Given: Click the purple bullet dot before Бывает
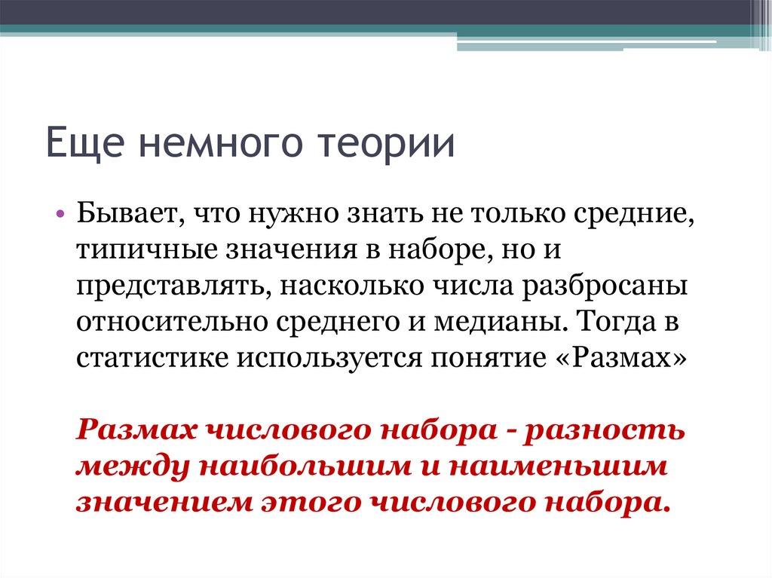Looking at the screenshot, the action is point(60,215).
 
